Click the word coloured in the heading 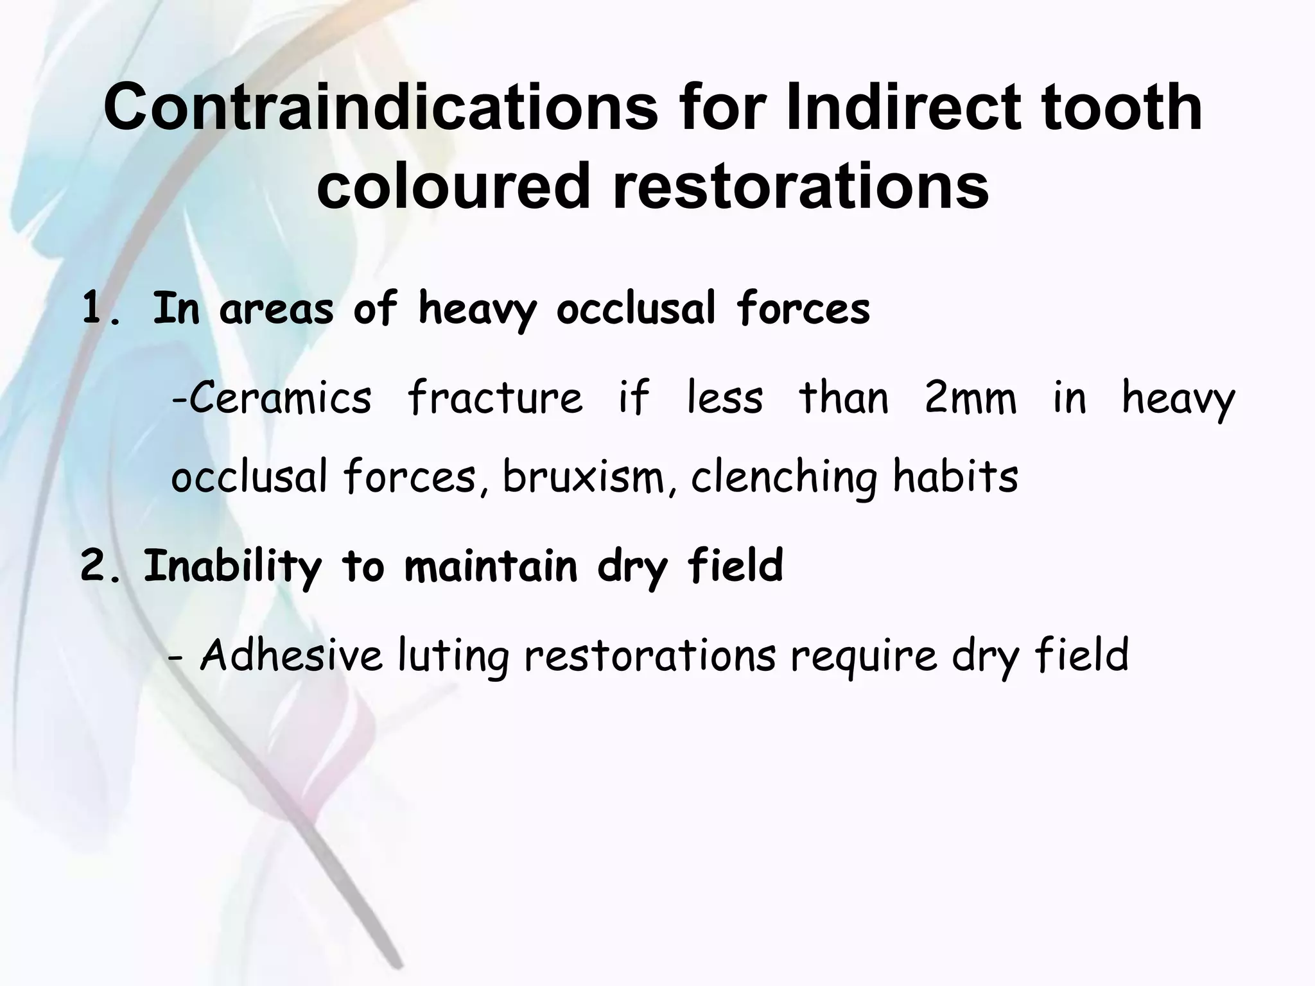pyautogui.click(x=453, y=187)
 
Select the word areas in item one pyautogui.click(x=276, y=310)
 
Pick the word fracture pyautogui.click(x=495, y=398)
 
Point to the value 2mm pyautogui.click(x=971, y=398)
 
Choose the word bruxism pyautogui.click(x=584, y=478)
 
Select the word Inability pyautogui.click(x=232, y=567)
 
